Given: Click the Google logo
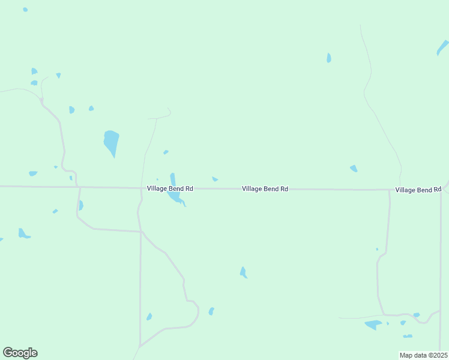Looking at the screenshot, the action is (x=20, y=353).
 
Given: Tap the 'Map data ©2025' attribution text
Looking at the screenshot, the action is (x=424, y=355).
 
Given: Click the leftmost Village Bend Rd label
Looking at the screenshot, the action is (x=170, y=188).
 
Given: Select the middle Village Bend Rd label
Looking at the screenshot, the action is (x=265, y=188).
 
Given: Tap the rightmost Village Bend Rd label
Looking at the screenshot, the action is (x=418, y=190).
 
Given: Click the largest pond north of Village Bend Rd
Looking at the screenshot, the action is (x=111, y=142).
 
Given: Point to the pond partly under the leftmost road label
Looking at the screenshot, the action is (x=173, y=195).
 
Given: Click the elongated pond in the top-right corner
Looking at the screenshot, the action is (x=442, y=47).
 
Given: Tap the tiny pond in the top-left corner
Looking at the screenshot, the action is (x=25, y=10).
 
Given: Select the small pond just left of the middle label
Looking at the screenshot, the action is (x=215, y=179).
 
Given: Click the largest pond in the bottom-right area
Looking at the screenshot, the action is (x=373, y=325).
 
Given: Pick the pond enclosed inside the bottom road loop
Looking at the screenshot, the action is (x=149, y=317).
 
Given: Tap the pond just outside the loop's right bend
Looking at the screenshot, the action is (x=211, y=311).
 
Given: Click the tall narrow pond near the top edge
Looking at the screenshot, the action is (x=328, y=58).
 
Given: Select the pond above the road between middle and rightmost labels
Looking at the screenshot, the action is (x=354, y=169).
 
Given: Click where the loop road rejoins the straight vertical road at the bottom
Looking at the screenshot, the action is (x=140, y=346).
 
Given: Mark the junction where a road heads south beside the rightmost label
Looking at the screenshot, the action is (x=389, y=190).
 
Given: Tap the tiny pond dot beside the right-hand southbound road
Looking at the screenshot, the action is (x=377, y=249).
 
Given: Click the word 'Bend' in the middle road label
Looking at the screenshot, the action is (x=270, y=188).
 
